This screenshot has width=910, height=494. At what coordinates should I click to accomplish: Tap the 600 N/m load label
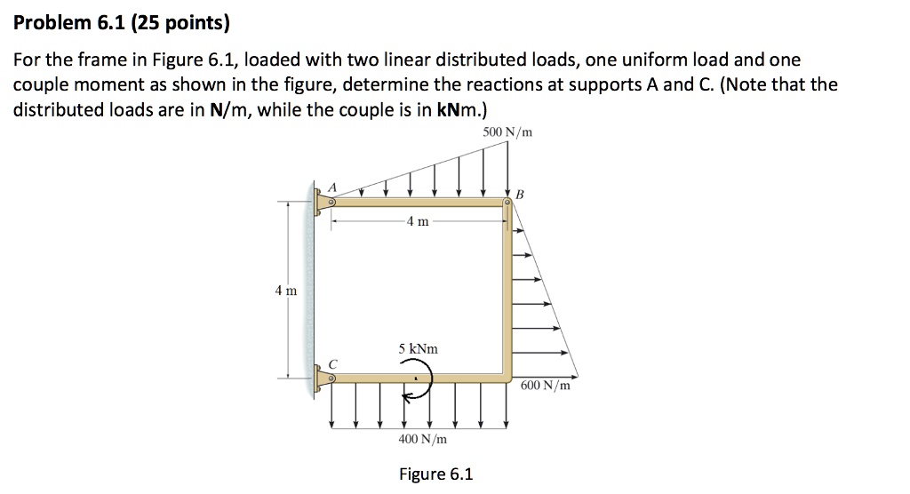pos(547,386)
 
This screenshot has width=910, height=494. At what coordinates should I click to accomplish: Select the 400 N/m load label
pos(422,439)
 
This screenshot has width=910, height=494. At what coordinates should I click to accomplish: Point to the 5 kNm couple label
pos(418,349)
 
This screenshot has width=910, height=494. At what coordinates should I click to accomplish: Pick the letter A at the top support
pos(334,187)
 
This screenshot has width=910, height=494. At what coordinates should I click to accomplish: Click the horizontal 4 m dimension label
pos(418,221)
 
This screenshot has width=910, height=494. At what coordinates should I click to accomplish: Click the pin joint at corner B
pos(507,203)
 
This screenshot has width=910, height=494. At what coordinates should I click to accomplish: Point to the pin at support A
pos(331,203)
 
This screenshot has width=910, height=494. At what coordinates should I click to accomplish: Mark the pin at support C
pos(331,378)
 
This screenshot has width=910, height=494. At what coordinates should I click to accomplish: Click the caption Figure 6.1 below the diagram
pos(435,474)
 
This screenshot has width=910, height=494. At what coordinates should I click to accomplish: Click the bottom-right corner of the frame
pos(507,377)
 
